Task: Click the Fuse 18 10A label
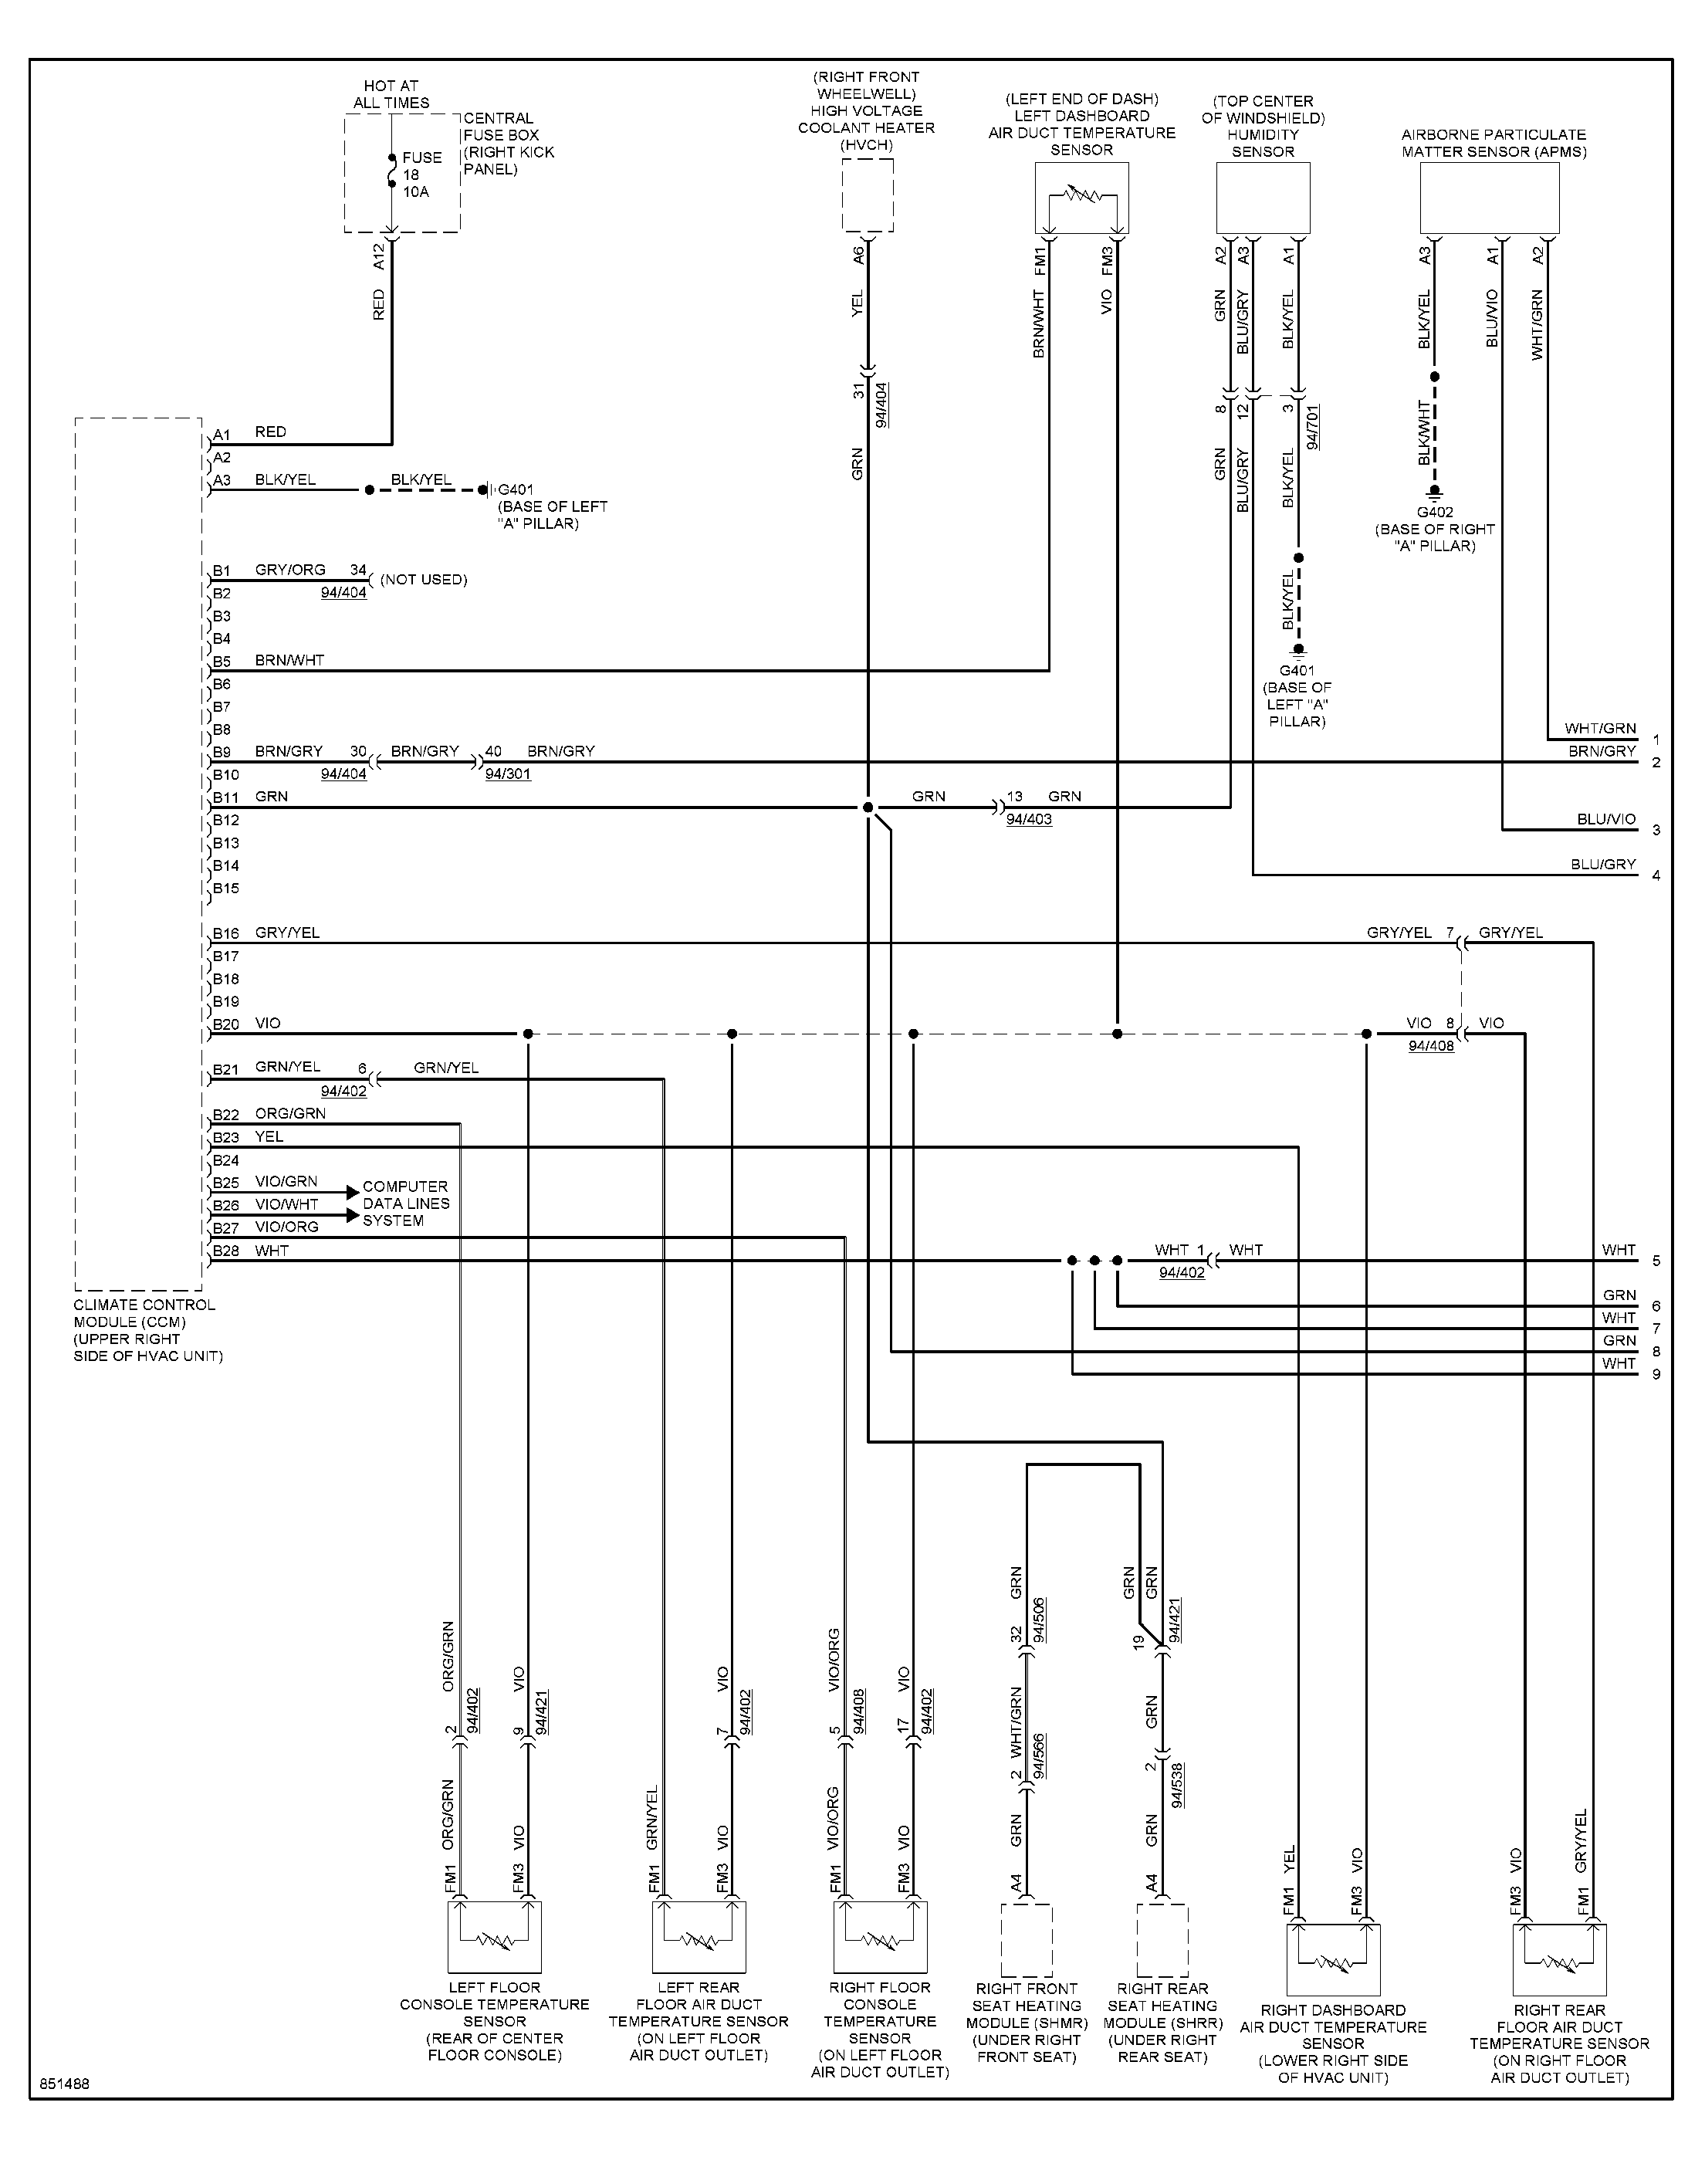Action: pos(422,174)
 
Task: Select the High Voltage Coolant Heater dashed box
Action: pos(868,195)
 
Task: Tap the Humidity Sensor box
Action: pos(1263,198)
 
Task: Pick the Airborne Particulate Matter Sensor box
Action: pos(1490,198)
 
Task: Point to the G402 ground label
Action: pos(1435,512)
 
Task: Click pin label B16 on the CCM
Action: pos(225,934)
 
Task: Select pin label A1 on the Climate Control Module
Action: pos(222,435)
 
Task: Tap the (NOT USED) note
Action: pos(423,580)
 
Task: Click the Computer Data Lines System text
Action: pos(405,1204)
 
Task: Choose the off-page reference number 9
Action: pos(1656,1374)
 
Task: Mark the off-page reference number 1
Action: pos(1656,740)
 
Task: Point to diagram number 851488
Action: pos(65,2085)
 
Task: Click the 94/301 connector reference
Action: pos(508,774)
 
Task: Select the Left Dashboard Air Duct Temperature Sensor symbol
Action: pos(1082,198)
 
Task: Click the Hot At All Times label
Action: pos(391,95)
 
